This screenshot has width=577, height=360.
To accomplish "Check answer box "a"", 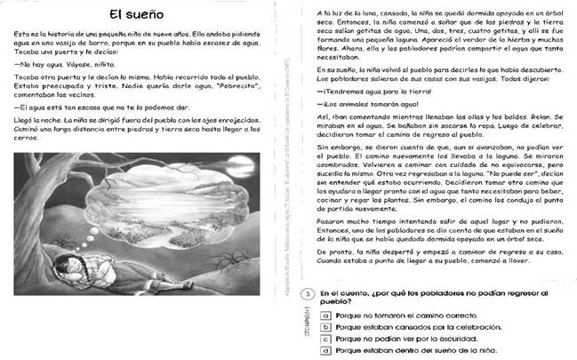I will coord(327,315).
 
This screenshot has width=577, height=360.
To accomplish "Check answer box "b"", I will coord(327,327).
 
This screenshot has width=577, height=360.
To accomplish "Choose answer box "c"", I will coord(327,339).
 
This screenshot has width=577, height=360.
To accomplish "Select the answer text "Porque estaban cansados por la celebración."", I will coord(419,327).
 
